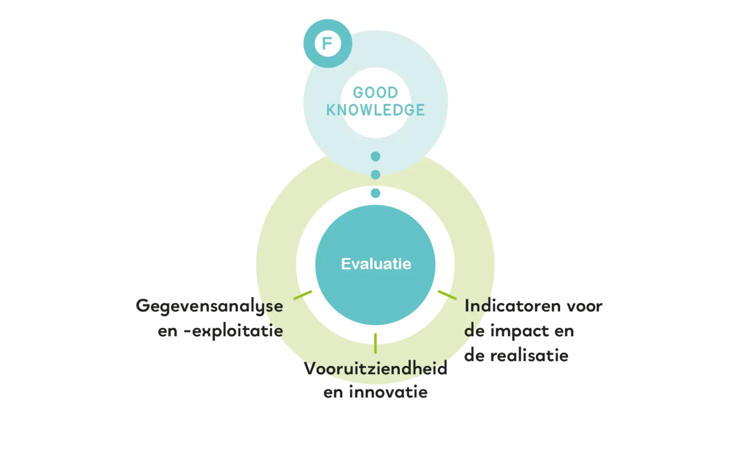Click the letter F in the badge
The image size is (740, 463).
[327, 44]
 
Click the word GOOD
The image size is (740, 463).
[376, 93]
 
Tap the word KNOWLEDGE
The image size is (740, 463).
[376, 110]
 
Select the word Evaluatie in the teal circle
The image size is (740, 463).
[376, 264]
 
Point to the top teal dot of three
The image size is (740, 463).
[375, 156]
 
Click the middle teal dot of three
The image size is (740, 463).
[375, 175]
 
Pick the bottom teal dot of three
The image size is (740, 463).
[375, 193]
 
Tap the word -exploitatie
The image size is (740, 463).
[233, 331]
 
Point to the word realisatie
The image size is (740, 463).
[529, 356]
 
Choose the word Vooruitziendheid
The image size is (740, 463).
[376, 369]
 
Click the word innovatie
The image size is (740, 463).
[388, 392]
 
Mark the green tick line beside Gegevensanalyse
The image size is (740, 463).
[302, 295]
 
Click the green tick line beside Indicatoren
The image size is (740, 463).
[447, 295]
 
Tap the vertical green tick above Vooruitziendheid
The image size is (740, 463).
[375, 343]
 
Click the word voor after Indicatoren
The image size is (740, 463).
[585, 306]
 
